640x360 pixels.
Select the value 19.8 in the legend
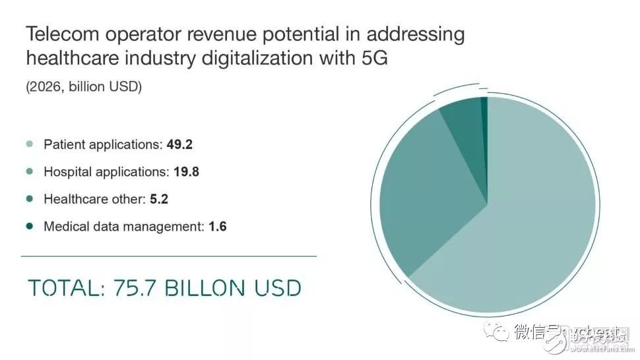click(186, 172)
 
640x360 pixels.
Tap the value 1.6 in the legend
click(218, 226)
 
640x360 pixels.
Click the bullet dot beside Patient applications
click(29, 144)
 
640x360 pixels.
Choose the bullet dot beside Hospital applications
click(29, 172)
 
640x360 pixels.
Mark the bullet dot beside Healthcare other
click(29, 198)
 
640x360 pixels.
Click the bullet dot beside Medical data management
click(29, 226)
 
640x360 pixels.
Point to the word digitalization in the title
click(258, 57)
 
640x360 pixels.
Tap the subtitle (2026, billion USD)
click(84, 86)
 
